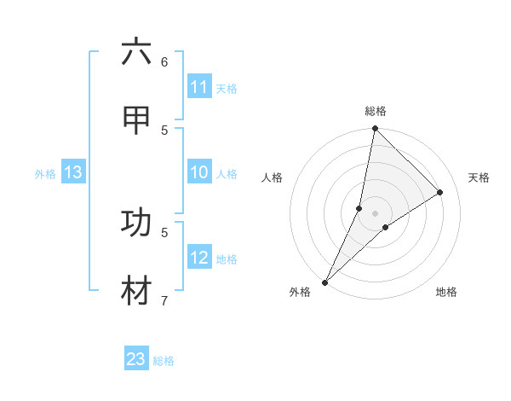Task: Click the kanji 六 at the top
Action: tap(136, 53)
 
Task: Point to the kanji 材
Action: tap(136, 289)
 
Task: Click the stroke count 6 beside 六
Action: tap(164, 61)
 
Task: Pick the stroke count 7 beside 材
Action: tap(164, 299)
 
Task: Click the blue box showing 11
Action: tap(199, 87)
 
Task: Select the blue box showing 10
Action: tap(199, 173)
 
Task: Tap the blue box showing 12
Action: tap(199, 258)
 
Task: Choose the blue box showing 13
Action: tap(73, 173)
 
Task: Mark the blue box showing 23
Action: tap(136, 359)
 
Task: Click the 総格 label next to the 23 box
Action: tap(164, 361)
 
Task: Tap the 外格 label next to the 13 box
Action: tap(45, 174)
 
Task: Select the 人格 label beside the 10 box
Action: tap(227, 174)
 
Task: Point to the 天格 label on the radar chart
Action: tap(479, 177)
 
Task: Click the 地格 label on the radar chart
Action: tap(446, 292)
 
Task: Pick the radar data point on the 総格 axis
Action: tap(375, 128)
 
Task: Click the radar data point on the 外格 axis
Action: tap(324, 282)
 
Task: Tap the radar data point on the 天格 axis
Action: tap(440, 193)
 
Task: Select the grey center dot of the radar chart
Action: tap(375, 213)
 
